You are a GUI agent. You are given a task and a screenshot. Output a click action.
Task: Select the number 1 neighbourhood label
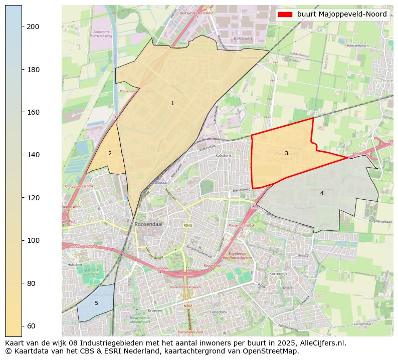172,104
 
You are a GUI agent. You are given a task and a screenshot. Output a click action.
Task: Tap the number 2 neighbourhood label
110,154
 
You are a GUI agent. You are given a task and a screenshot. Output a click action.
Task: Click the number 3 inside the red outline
286,154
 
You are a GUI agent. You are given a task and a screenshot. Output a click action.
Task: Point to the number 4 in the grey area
322,194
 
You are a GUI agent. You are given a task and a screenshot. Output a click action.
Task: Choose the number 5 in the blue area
96,303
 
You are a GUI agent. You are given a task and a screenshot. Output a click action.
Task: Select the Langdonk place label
219,311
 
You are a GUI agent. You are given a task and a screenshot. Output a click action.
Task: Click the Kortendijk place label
278,274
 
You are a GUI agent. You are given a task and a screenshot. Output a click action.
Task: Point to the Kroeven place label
155,310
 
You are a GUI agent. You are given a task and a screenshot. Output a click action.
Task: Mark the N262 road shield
187,306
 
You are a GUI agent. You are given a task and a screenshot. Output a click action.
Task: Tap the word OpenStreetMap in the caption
273,351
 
